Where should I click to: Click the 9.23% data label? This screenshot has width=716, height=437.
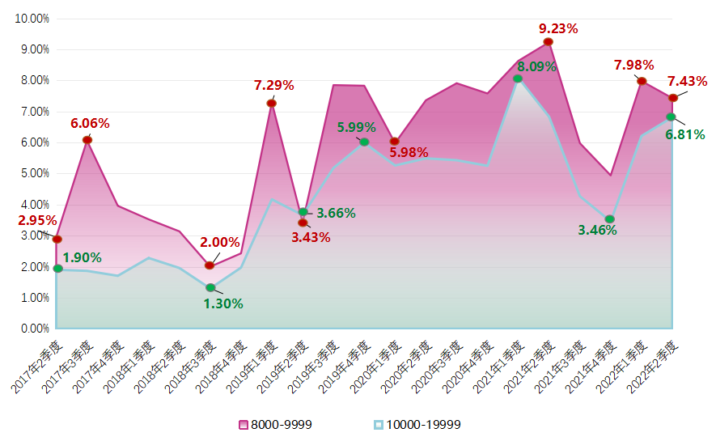(x=558, y=28)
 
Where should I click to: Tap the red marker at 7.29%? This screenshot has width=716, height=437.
(x=272, y=103)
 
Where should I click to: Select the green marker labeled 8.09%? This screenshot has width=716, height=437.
(x=518, y=78)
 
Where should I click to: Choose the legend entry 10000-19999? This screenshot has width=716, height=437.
(x=416, y=424)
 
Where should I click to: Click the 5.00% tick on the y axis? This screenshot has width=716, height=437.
(x=34, y=173)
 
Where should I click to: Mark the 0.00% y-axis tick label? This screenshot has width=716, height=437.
(x=34, y=329)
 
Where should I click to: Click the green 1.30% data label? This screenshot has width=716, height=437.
(x=223, y=304)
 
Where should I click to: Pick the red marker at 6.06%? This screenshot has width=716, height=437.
(x=87, y=140)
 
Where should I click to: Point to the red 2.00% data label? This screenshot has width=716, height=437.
(x=220, y=242)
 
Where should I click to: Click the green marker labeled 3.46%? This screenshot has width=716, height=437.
(x=610, y=219)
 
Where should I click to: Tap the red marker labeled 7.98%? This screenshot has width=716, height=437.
(x=642, y=81)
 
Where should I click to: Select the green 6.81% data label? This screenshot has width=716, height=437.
(x=685, y=134)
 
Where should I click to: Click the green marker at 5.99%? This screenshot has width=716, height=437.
(x=364, y=142)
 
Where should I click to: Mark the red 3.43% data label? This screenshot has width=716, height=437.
(x=311, y=237)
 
